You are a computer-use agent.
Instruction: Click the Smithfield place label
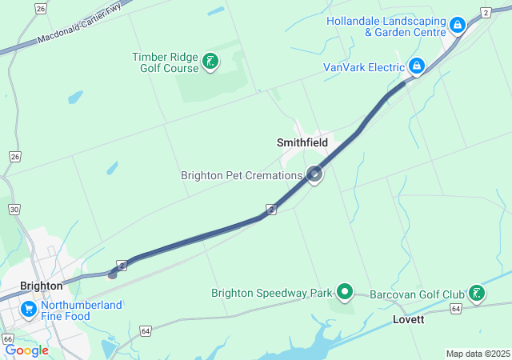302,142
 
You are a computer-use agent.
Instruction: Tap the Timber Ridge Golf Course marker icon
210,62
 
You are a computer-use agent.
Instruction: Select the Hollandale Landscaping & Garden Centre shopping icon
457,26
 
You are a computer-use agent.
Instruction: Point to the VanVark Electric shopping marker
416,66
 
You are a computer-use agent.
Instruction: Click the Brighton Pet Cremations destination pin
315,174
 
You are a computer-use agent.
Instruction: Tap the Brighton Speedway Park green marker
345,292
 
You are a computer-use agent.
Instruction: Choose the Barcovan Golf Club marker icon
477,293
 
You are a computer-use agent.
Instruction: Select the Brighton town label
42,286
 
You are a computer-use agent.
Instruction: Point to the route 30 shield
14,209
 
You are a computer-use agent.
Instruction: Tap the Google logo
26,350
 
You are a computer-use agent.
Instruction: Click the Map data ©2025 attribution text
478,354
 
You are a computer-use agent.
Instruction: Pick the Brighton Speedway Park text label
271,293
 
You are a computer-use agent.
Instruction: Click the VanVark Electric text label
364,67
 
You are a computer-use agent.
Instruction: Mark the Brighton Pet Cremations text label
241,175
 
